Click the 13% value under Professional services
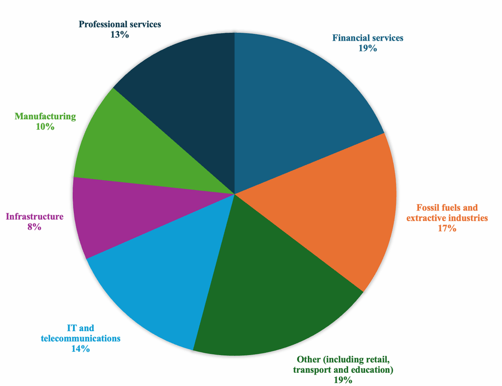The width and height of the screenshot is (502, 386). [x=120, y=35]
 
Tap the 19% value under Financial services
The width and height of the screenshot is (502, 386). [x=368, y=48]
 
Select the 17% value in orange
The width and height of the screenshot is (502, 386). [x=447, y=228]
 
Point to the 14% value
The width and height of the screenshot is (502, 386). [x=80, y=349]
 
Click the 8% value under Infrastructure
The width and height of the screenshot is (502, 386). [x=34, y=227]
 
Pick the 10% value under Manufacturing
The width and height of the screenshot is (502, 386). [x=45, y=127]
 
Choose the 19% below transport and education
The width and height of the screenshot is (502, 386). [x=343, y=380]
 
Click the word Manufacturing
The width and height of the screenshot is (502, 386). [x=45, y=116]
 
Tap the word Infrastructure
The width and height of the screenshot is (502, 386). [x=34, y=217]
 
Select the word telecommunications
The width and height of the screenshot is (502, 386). [x=80, y=338]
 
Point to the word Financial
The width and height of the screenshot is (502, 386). [x=350, y=38]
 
